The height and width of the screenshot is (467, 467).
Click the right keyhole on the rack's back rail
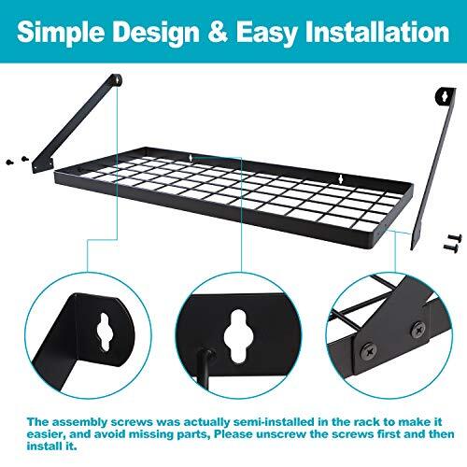pyautogui.click(x=342, y=176)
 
